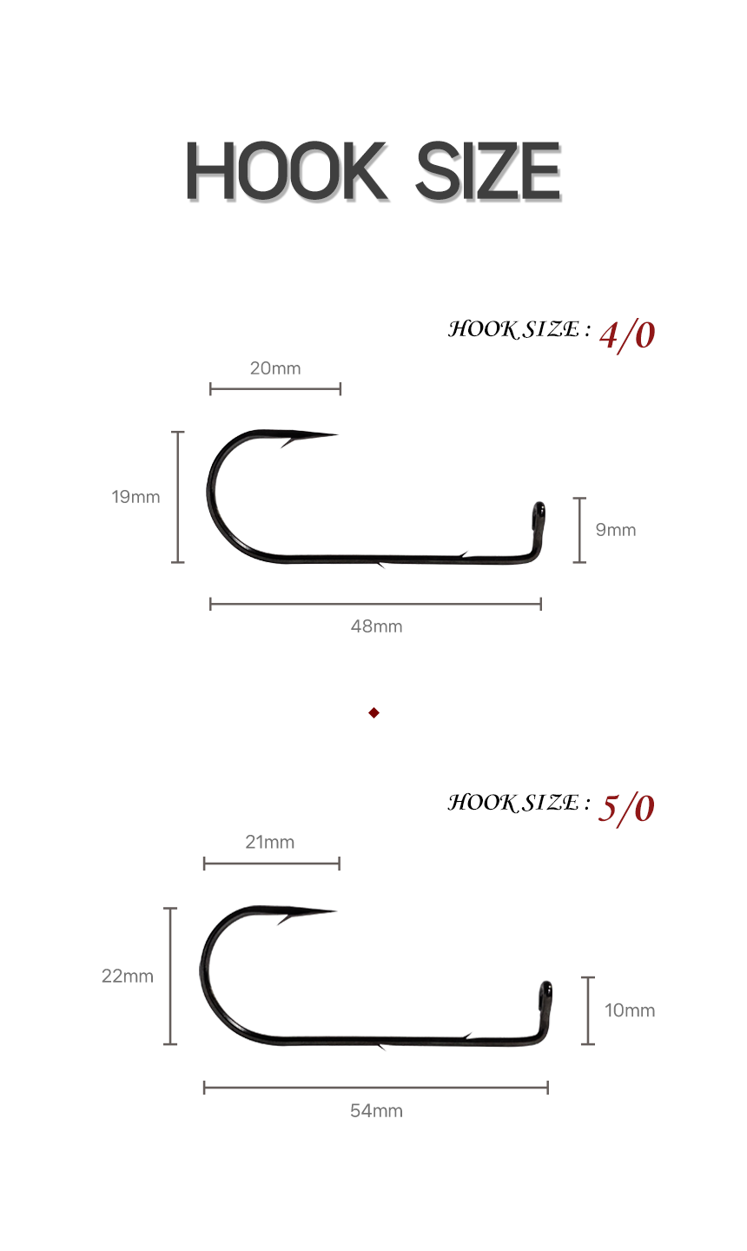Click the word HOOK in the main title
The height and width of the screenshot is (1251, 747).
[x=287, y=171]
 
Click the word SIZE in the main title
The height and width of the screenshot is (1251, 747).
[x=488, y=171]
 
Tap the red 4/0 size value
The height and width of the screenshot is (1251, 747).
[x=627, y=336]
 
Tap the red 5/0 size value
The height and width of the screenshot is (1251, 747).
[x=626, y=810]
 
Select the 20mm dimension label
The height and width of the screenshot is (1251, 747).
[x=275, y=368]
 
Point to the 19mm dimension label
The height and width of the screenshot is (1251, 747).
[x=136, y=497]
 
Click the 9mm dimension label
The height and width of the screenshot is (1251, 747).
[x=616, y=529]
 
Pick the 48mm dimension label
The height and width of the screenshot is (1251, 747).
[x=376, y=626]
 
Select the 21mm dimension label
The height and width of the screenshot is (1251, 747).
[x=269, y=842]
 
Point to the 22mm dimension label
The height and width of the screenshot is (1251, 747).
[x=128, y=976]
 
